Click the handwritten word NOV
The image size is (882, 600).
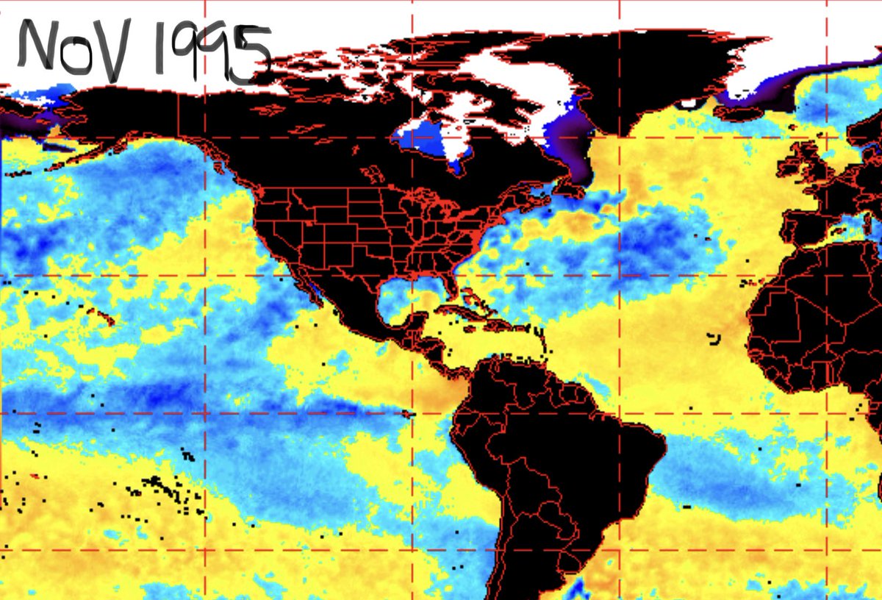[x=73, y=50]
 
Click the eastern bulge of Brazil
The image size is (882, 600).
[x=647, y=449]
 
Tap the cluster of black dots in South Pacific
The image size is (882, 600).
[x=162, y=489]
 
